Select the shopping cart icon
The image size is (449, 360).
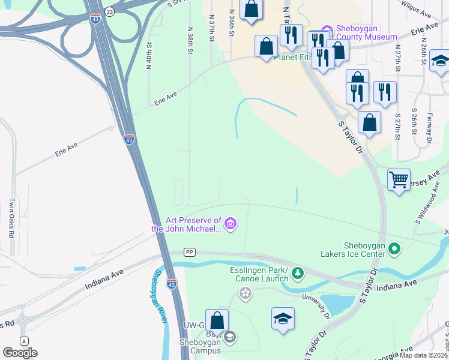399,179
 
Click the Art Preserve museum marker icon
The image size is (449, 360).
232,225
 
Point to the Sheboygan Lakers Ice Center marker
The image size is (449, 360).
394,247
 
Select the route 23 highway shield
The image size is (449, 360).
109,12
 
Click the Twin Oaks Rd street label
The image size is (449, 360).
11,218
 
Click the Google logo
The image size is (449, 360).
20,353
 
